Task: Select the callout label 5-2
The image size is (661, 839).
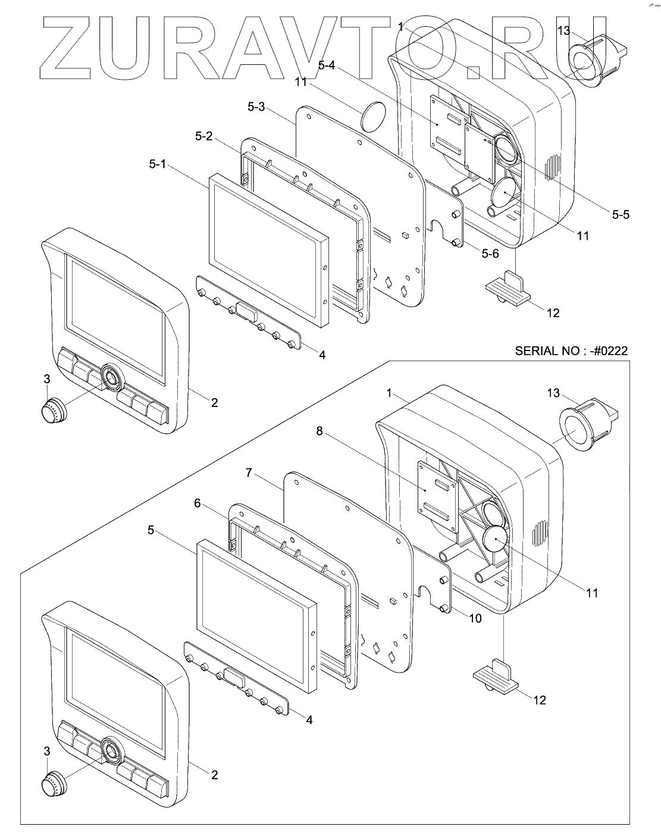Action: click(203, 136)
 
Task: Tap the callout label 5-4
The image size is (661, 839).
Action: click(327, 67)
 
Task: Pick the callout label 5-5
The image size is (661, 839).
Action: click(620, 214)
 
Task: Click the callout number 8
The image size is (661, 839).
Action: click(319, 431)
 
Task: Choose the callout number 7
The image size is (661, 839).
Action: click(249, 473)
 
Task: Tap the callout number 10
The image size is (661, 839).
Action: click(475, 618)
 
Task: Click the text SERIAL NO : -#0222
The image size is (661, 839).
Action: click(571, 351)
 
